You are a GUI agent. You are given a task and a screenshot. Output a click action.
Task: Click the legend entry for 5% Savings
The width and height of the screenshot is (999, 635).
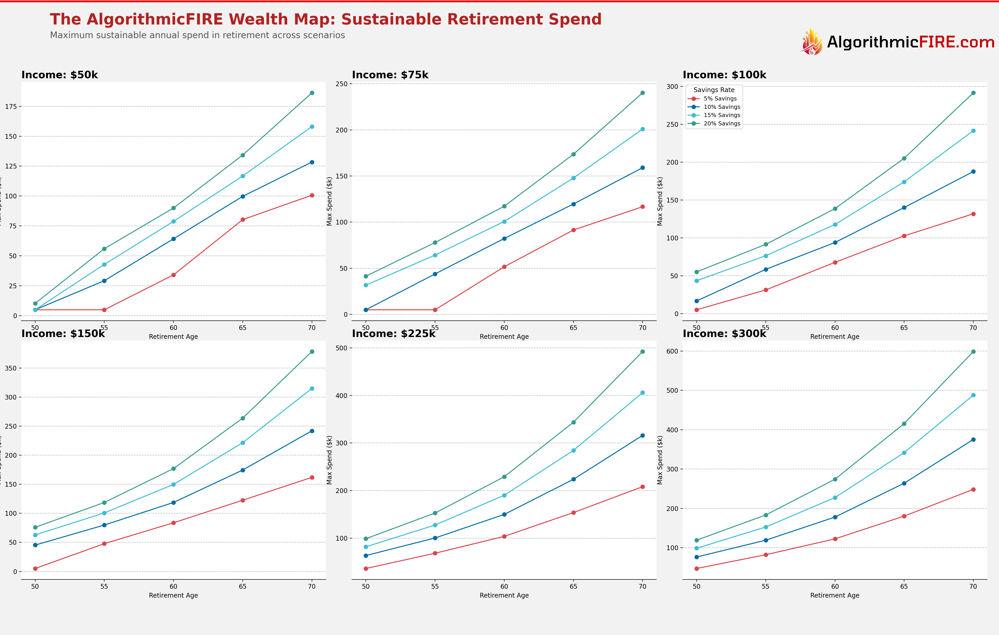click(720, 99)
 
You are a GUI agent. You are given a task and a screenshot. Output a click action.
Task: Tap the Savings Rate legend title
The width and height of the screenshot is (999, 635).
click(714, 90)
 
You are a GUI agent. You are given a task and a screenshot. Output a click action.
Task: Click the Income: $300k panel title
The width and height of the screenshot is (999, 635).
click(724, 334)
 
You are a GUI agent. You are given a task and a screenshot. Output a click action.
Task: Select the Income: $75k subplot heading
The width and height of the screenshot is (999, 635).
click(390, 75)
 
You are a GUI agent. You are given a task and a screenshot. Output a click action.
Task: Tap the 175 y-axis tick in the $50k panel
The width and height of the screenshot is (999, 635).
click(11, 107)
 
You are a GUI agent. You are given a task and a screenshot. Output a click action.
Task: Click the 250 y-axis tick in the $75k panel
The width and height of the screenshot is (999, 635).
click(341, 84)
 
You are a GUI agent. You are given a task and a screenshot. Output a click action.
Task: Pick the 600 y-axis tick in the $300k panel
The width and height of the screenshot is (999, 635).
click(672, 351)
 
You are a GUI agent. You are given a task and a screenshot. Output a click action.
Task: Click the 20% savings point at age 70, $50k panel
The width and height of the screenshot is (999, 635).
click(312, 93)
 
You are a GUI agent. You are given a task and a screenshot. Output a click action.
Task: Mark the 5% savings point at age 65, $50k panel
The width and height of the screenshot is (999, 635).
click(243, 220)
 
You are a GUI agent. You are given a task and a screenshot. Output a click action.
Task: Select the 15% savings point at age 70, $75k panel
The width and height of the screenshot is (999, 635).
click(643, 129)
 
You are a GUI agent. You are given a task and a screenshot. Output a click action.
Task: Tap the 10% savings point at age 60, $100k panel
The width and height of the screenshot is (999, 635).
click(835, 242)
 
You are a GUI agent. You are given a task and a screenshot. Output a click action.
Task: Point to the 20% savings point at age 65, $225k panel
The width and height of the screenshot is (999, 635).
click(573, 422)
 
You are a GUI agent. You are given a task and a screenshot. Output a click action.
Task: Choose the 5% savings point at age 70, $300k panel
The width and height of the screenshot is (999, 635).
click(973, 489)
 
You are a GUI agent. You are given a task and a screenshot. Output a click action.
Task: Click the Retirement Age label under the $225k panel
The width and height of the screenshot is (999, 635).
click(504, 595)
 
